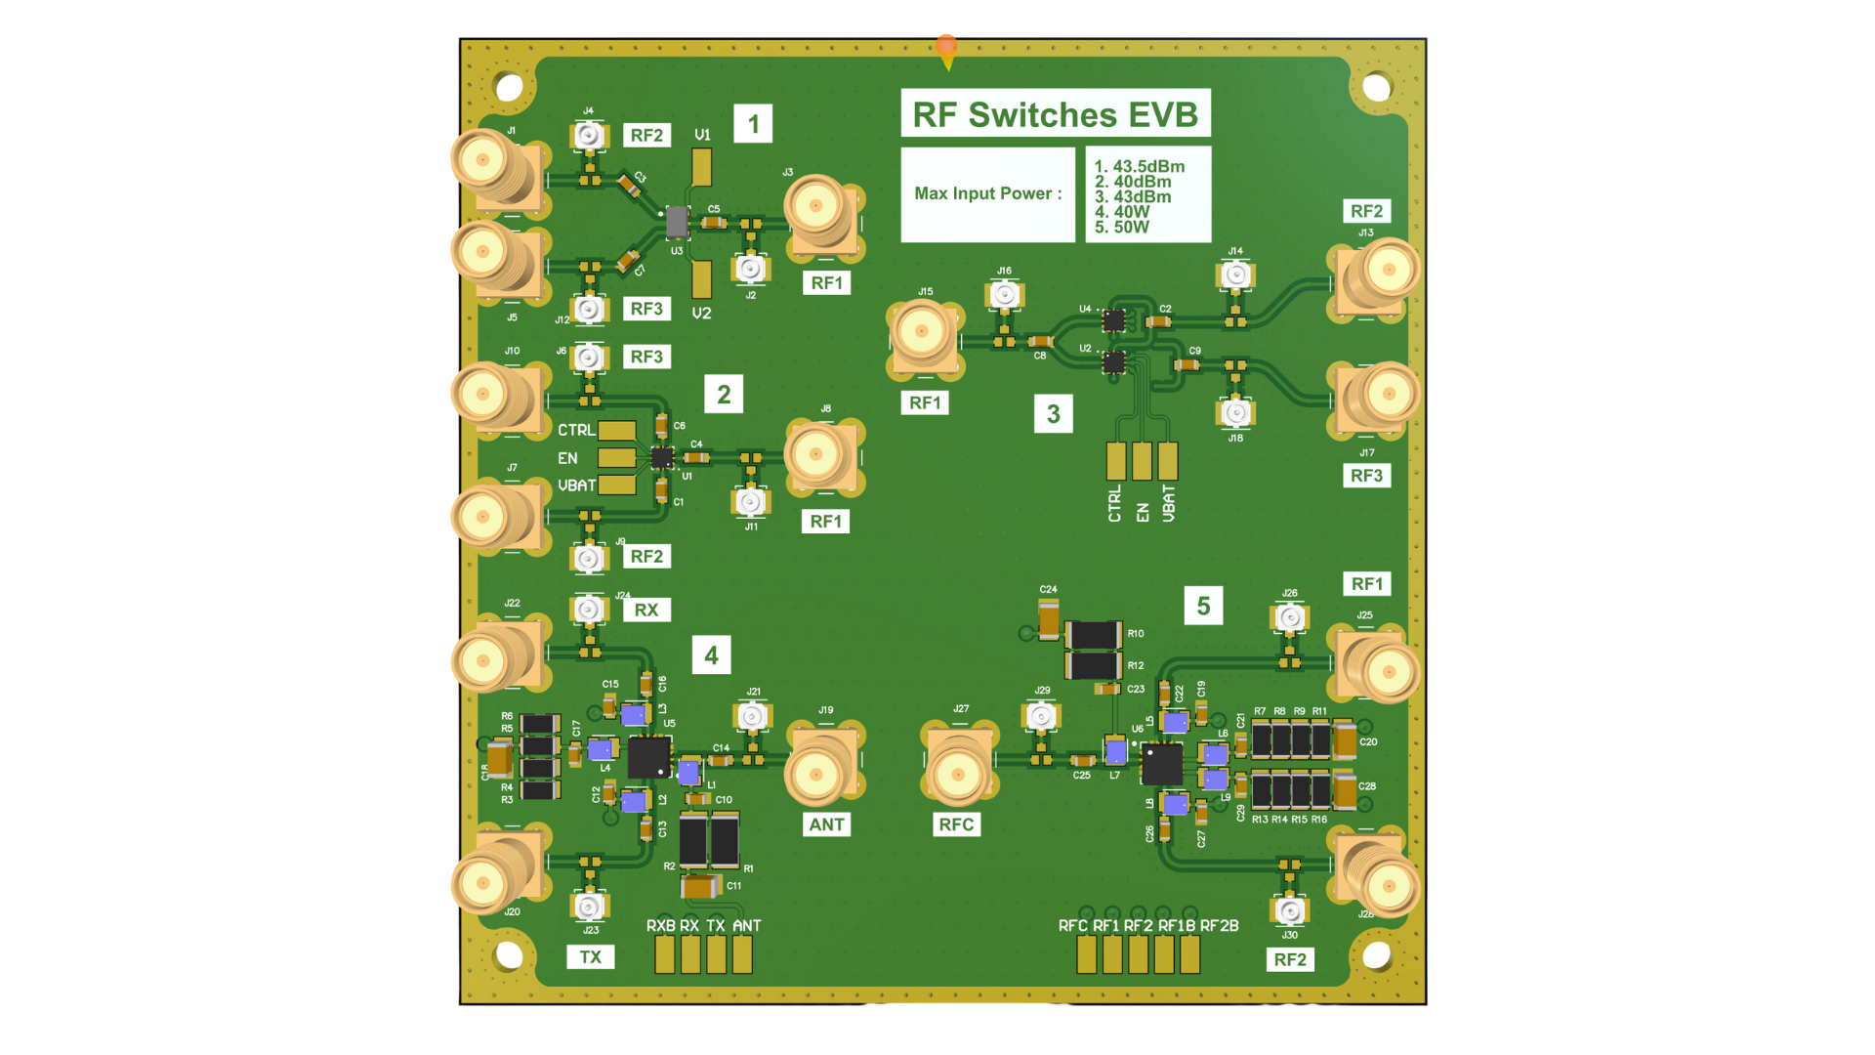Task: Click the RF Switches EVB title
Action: click(x=1055, y=114)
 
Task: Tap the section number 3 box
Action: click(x=1053, y=414)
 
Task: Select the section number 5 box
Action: click(x=1203, y=607)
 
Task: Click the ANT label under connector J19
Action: click(x=826, y=824)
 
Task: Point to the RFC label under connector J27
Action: click(x=956, y=824)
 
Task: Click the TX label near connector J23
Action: click(x=591, y=957)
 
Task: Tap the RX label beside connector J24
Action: click(x=646, y=611)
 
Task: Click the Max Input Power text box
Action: click(x=987, y=194)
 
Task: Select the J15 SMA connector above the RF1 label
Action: click(x=922, y=334)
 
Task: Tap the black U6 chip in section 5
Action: click(x=1161, y=764)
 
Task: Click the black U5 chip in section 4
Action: click(x=648, y=757)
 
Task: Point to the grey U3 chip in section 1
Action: click(x=676, y=222)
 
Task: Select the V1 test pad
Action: click(x=701, y=167)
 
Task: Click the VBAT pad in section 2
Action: click(x=616, y=485)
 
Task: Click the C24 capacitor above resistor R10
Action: click(x=1048, y=618)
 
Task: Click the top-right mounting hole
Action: click(x=1376, y=88)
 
